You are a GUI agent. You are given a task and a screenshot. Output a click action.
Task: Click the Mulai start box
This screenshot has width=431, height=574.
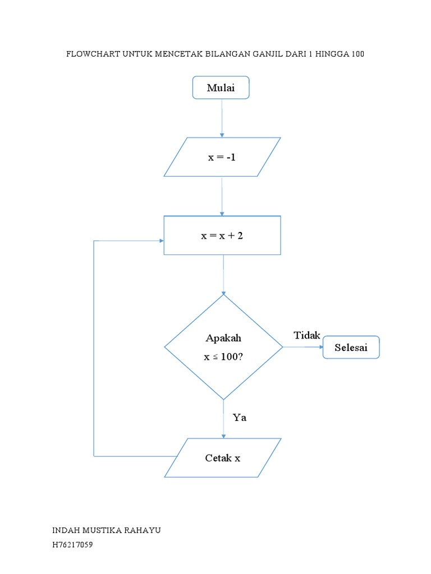click(221, 88)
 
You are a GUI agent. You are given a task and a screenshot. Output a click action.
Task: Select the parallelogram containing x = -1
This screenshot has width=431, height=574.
click(222, 158)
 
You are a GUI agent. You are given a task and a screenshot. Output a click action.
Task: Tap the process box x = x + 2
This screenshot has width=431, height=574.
click(222, 235)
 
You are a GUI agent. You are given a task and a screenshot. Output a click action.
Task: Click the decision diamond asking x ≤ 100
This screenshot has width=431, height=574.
click(223, 348)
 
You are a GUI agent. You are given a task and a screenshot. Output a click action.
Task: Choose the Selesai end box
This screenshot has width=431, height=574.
click(351, 348)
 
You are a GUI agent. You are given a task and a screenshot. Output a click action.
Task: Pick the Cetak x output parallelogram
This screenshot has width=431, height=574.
click(222, 458)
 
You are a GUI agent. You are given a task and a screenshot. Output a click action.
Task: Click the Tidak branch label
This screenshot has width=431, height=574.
click(306, 335)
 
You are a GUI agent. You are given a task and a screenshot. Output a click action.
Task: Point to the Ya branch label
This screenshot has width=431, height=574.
click(240, 418)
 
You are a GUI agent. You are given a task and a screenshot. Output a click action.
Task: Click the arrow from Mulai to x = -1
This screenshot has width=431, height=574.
click(222, 118)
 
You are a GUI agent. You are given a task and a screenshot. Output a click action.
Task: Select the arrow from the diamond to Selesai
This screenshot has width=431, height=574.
click(303, 348)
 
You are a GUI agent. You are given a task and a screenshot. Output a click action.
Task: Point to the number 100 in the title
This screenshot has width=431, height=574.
click(358, 54)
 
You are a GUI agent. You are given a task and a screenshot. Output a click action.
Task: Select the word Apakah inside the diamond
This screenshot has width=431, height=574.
click(223, 339)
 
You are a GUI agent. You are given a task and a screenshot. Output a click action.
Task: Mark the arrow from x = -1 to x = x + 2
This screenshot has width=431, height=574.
click(222, 196)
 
